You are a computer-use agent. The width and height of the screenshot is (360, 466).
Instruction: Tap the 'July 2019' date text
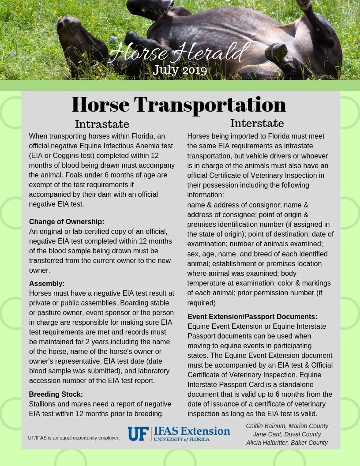pos(180,70)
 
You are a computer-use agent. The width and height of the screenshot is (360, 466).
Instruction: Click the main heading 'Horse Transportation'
pos(179,105)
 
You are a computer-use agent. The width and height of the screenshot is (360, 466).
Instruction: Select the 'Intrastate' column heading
pos(102,124)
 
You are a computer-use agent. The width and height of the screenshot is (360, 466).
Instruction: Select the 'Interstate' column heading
pos(257,123)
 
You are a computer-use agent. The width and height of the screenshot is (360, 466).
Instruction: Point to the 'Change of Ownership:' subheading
pos(67,222)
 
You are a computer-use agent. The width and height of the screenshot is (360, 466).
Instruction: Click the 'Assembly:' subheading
pos(47,283)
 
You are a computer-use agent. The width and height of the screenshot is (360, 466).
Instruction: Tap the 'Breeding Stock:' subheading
pos(56,394)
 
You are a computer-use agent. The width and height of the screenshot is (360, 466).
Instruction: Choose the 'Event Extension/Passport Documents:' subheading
pos(252,316)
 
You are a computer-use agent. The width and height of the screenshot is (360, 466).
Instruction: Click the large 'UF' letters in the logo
pos(138,434)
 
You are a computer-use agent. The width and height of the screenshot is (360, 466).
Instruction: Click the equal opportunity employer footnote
pos(74,438)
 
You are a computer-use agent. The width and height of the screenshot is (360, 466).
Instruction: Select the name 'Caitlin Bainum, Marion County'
pos(287,426)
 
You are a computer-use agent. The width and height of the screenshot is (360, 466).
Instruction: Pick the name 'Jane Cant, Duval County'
pos(287,434)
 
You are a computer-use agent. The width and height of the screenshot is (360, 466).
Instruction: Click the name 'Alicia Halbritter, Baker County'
pos(287,443)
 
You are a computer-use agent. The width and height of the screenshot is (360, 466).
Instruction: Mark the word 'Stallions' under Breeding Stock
pos(43,404)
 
